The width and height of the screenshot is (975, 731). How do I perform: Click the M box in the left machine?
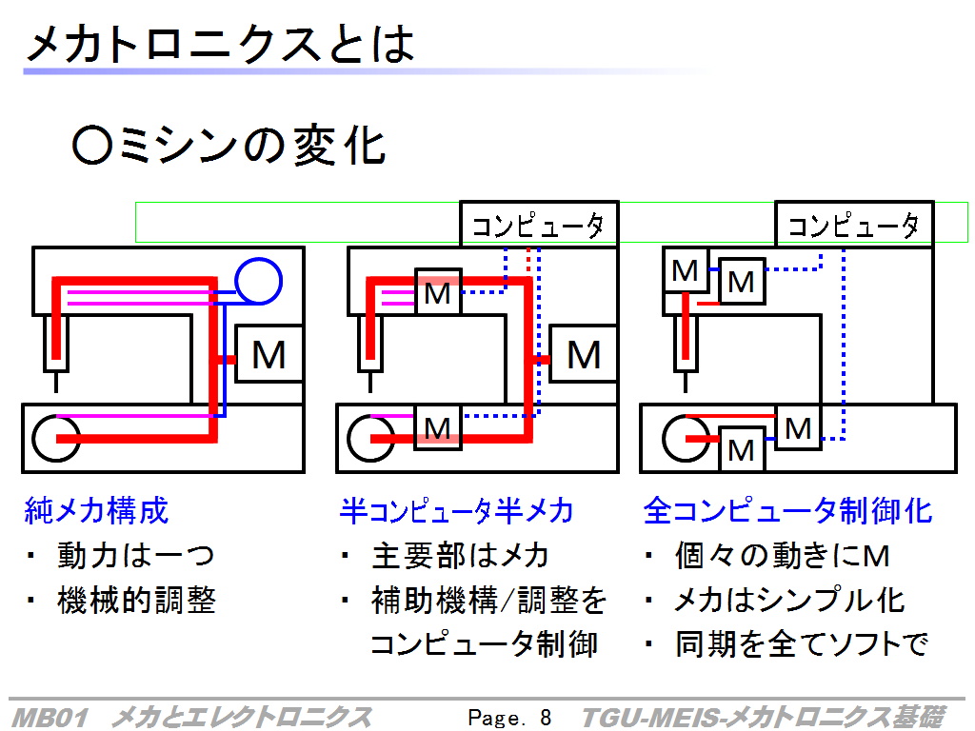(x=269, y=354)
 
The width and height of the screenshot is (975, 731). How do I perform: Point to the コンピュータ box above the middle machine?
(x=539, y=225)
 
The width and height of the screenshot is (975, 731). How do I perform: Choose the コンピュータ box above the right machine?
(x=854, y=225)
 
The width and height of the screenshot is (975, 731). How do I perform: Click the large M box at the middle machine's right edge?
(x=584, y=354)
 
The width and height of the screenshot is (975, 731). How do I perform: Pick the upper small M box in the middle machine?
(x=438, y=292)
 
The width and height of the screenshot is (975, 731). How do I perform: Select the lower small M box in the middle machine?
(x=438, y=427)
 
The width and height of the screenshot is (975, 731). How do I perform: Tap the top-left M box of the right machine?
(x=686, y=270)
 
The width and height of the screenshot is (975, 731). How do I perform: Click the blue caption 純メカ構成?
(x=96, y=510)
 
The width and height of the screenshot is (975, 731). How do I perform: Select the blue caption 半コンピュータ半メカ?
(x=456, y=510)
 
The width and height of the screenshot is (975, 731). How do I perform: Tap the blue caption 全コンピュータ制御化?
(x=787, y=510)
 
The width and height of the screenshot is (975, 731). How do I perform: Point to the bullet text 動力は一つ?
(x=135, y=555)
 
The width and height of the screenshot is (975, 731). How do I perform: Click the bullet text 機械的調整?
(x=136, y=600)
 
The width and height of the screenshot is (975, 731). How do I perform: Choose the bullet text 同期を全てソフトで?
(x=802, y=644)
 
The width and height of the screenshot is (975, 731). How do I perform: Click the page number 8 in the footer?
(x=546, y=718)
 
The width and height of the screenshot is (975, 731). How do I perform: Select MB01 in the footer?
(x=50, y=718)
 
